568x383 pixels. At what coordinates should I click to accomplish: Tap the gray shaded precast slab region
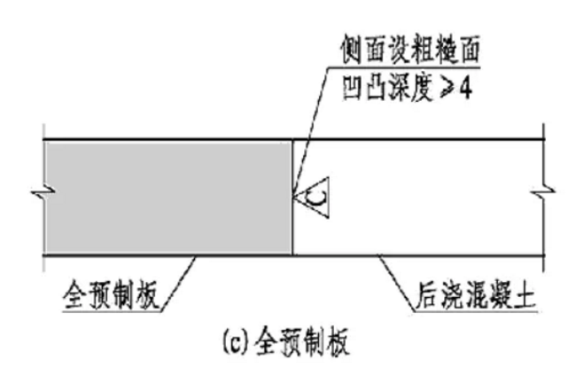[x=168, y=198]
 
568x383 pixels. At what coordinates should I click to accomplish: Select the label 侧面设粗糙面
[x=410, y=49]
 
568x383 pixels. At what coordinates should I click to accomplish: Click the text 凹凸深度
[x=387, y=88]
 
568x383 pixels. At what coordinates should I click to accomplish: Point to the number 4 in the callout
[x=465, y=88]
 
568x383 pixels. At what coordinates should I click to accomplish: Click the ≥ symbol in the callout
[x=447, y=88]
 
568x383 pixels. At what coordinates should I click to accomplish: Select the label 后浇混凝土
[x=476, y=295]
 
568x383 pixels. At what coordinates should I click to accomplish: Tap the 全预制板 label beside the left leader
[x=112, y=295]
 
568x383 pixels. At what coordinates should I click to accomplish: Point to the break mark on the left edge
[x=43, y=192]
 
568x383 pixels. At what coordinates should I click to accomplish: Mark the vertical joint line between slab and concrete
[x=292, y=198]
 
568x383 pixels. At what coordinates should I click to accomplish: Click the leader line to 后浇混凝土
[x=396, y=283]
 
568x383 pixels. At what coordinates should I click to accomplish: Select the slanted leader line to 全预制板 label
[x=179, y=283]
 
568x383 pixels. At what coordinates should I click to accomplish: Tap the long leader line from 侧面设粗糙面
[x=310, y=131]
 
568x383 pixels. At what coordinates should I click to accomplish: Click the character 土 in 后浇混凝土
[x=524, y=295]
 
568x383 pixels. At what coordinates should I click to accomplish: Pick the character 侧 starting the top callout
[x=352, y=49]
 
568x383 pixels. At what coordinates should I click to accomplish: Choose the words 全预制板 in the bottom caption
[x=301, y=342]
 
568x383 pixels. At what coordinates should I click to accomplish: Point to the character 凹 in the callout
[x=354, y=88]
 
